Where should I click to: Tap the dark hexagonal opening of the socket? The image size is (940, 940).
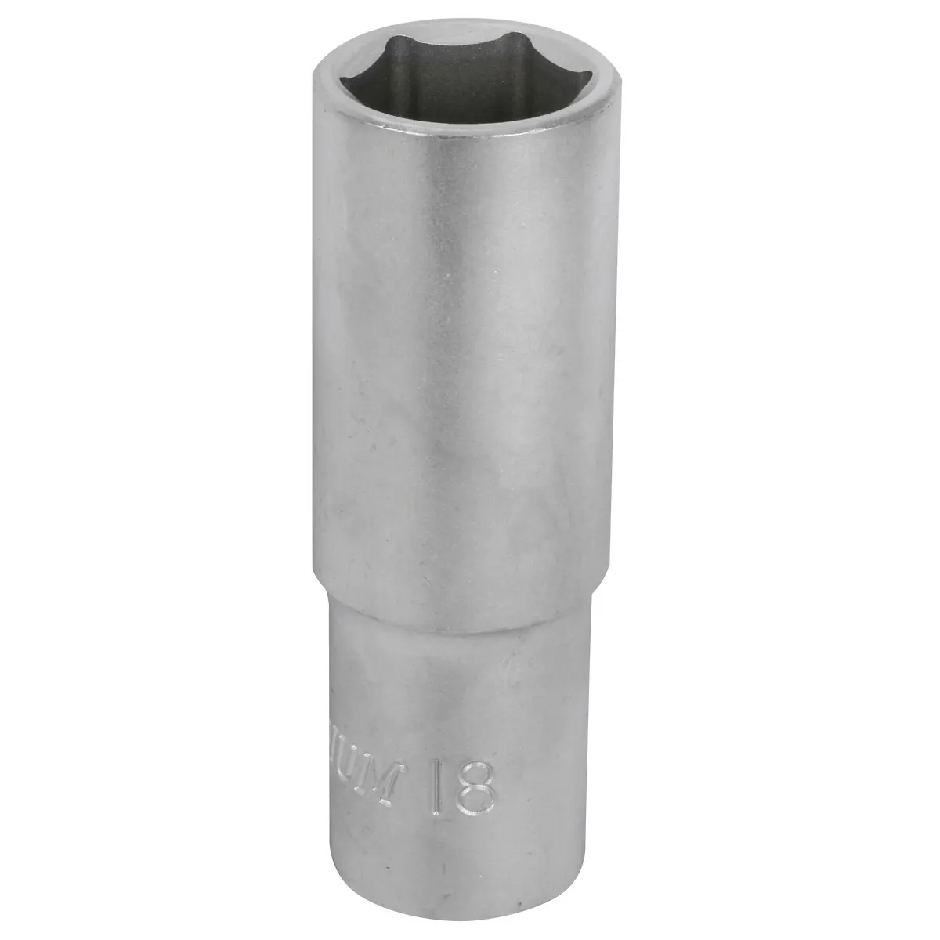462,86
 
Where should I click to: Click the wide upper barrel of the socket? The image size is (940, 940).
462,352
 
